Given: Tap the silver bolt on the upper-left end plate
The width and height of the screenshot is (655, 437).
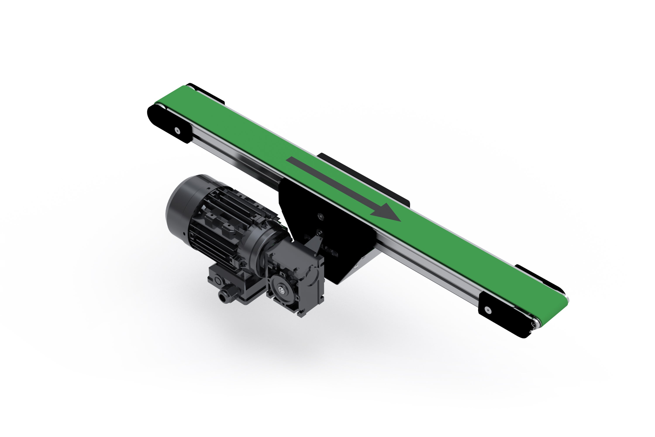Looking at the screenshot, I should click(177, 130).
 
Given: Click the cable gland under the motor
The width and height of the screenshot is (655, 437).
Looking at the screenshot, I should click(224, 295).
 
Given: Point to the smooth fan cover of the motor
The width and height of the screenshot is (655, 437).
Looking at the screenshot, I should click(181, 203).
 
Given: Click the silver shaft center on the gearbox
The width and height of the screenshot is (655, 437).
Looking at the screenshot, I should click(283, 290).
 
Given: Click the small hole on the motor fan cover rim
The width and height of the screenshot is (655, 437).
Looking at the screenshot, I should click(184, 234).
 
